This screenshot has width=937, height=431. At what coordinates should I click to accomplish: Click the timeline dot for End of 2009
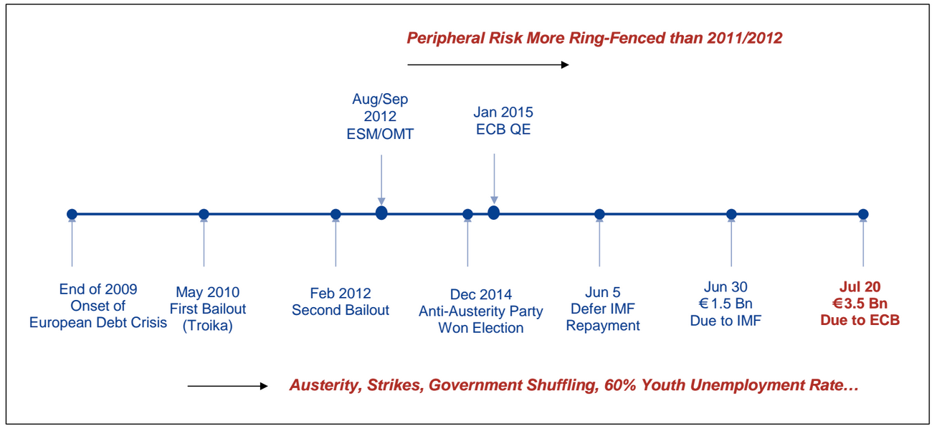click(72, 214)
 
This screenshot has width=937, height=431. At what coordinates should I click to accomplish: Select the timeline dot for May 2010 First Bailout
click(204, 214)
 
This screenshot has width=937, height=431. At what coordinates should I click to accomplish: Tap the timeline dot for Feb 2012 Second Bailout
click(336, 214)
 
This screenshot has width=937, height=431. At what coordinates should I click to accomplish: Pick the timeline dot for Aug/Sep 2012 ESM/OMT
click(381, 213)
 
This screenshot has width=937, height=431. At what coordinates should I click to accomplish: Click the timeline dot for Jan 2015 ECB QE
click(494, 213)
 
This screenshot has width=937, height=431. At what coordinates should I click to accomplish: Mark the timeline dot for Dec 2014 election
click(467, 214)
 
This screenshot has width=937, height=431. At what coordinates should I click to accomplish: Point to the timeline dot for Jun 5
click(599, 214)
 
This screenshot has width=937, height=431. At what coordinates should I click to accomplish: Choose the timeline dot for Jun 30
click(731, 214)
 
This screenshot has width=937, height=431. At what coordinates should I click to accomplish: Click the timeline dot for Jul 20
click(863, 214)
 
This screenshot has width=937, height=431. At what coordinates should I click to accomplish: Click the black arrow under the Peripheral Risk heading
click(488, 64)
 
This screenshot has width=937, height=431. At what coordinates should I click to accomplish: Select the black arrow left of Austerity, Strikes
click(227, 387)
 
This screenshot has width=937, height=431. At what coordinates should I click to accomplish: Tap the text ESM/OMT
click(380, 134)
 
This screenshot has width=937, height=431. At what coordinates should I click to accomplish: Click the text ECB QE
click(503, 130)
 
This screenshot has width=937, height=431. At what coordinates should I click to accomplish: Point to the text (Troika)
click(207, 325)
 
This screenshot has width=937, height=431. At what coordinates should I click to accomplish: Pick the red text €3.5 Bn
click(860, 304)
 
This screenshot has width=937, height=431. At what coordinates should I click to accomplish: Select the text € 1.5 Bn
click(726, 304)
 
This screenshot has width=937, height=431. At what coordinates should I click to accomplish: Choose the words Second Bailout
click(341, 310)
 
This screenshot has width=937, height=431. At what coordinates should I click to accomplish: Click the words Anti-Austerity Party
click(481, 311)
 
